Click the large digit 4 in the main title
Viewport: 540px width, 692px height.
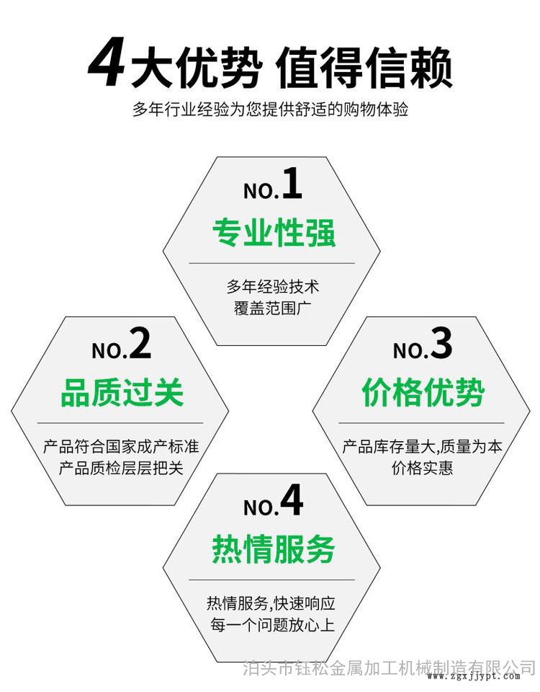coord(106,66)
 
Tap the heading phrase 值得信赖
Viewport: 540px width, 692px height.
coord(364,68)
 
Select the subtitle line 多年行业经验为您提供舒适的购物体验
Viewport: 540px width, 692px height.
coord(270,109)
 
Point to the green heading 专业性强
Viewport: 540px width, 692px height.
coord(274,233)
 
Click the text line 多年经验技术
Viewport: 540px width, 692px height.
coord(272,286)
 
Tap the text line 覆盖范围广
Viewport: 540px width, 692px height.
coord(272,308)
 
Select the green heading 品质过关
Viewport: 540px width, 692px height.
coord(122,392)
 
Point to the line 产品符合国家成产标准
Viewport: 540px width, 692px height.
coord(121,446)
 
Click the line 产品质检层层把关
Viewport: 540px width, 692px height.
coord(121,468)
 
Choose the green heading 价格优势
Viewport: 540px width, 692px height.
coord(423,392)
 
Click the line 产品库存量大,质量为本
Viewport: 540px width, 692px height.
coord(423,446)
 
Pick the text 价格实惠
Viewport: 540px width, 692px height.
coord(423,468)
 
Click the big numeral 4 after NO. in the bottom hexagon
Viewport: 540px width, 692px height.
coord(292,500)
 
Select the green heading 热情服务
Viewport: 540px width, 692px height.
coord(274,549)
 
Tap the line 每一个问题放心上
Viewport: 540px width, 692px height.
coord(272,624)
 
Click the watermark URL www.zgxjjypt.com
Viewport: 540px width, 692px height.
coord(474,677)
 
